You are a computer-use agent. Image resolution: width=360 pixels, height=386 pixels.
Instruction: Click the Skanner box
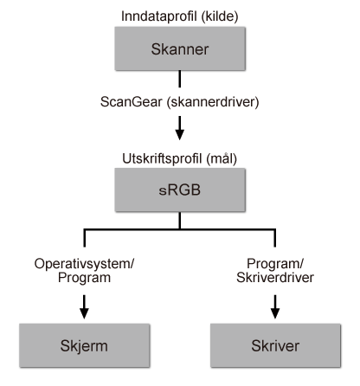coord(179,50)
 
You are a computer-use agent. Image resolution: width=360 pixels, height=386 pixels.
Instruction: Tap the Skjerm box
coord(84,344)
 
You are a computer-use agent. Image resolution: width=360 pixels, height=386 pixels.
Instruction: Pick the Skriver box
coord(275,344)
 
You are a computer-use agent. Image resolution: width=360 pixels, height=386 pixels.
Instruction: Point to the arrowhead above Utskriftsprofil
coord(179,134)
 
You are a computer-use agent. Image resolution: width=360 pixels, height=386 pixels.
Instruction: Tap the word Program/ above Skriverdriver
coord(274,261)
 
